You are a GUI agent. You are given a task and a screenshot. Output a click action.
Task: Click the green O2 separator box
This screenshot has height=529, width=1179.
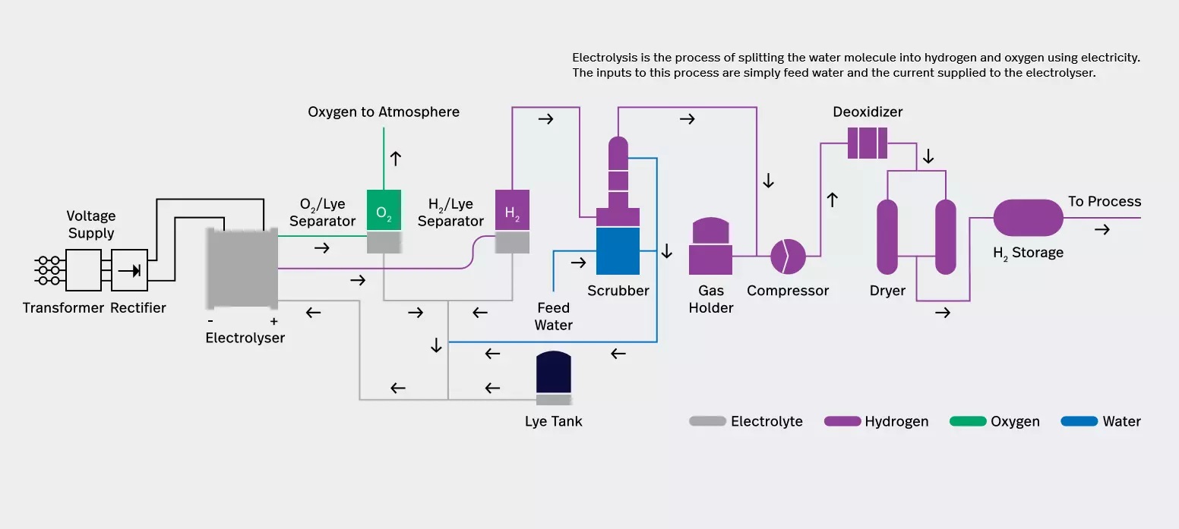point(384,210)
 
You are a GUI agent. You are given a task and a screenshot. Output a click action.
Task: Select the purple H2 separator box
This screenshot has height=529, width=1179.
point(512,210)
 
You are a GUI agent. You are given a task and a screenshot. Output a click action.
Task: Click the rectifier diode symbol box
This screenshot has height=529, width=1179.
point(129,269)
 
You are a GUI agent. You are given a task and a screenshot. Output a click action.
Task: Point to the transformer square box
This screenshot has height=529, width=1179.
point(84,269)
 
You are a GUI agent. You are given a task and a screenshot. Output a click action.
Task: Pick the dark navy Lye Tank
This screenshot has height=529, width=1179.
point(553,373)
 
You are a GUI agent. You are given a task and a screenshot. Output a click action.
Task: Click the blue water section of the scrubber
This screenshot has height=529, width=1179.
point(618,250)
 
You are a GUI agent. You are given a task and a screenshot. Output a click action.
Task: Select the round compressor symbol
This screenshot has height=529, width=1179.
point(788,257)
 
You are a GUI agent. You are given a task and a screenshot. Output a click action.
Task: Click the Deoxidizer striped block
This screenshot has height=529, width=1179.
point(868,143)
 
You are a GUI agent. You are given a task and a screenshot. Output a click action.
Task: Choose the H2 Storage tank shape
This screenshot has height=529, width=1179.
point(1028,218)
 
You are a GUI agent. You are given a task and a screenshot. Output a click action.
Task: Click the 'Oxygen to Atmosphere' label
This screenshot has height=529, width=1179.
point(384,112)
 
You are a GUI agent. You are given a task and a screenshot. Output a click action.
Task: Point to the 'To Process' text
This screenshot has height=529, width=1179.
point(1104,201)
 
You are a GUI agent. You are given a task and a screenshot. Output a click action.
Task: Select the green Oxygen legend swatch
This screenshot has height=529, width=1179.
point(968,421)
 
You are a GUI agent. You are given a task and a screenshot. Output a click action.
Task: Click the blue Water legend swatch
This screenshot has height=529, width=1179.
point(1079,421)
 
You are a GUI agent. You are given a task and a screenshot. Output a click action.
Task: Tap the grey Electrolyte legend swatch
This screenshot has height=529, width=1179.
point(707,421)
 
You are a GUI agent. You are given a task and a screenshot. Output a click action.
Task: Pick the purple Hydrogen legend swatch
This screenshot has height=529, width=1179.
point(842,421)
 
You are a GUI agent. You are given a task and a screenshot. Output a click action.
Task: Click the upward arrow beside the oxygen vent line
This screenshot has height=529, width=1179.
point(395,159)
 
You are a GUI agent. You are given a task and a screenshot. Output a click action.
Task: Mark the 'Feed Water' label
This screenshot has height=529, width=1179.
point(553,316)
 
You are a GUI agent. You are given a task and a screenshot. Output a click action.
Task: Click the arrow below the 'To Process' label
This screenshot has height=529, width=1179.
point(1102,229)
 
